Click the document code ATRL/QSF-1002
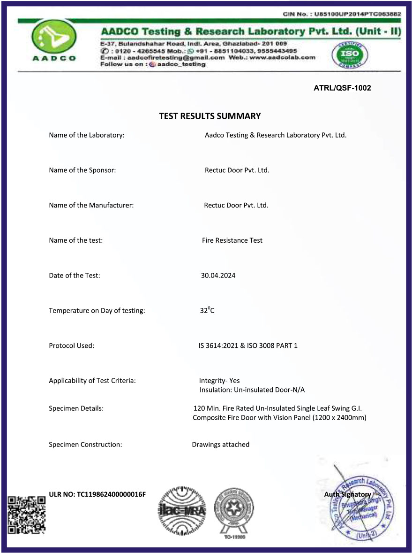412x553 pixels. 342,88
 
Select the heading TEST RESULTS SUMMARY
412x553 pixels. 210,116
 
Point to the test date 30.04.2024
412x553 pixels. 218,276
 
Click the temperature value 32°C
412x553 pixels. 207,310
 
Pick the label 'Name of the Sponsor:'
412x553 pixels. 82,170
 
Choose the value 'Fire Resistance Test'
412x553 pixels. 232,240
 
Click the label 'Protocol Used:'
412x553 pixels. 72,346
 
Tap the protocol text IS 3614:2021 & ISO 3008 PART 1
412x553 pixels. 248,346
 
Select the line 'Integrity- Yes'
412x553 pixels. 219,381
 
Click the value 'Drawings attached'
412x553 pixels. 220,445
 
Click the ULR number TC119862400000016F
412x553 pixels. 97,494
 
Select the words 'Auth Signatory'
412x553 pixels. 347,494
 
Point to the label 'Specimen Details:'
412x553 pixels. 76,408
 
